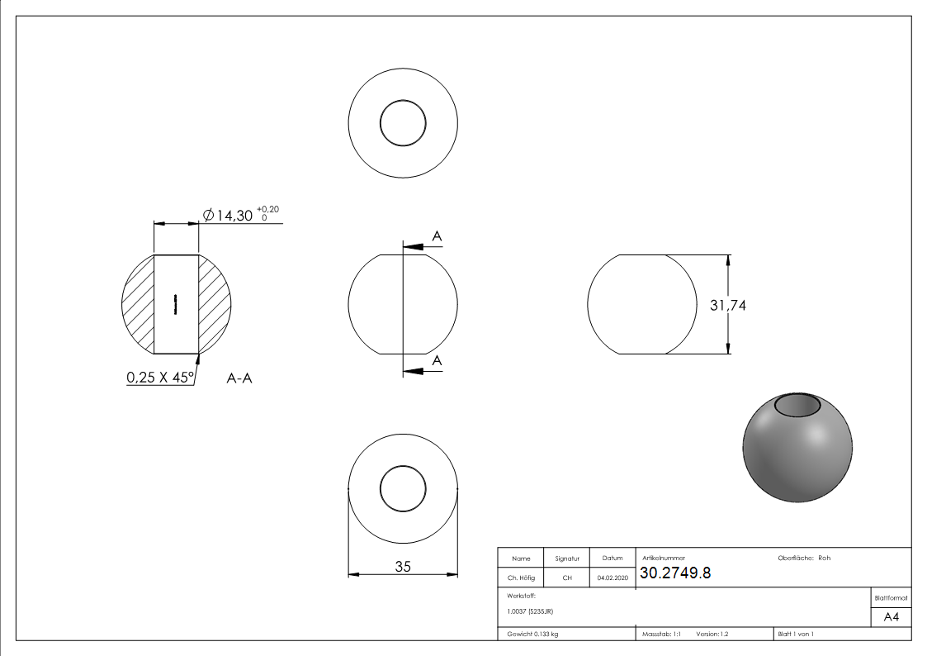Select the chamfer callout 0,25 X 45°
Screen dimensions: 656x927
coord(159,378)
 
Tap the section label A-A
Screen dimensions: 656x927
coord(239,378)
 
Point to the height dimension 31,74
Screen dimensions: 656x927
coord(727,305)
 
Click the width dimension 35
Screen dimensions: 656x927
coord(403,566)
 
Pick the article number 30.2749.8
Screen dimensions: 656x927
coord(675,574)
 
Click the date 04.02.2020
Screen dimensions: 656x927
coord(612,578)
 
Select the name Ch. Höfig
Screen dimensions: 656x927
coord(521,578)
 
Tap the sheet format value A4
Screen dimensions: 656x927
coord(891,617)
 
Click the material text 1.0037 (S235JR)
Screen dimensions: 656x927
coord(530,611)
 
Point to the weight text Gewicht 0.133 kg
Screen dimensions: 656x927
coord(532,634)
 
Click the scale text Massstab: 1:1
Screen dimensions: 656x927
coord(661,634)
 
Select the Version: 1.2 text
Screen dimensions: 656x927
coord(712,634)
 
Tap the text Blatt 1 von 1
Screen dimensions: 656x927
coord(796,634)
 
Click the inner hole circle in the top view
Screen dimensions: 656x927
coord(403,124)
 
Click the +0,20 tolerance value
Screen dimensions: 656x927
coord(267,209)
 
